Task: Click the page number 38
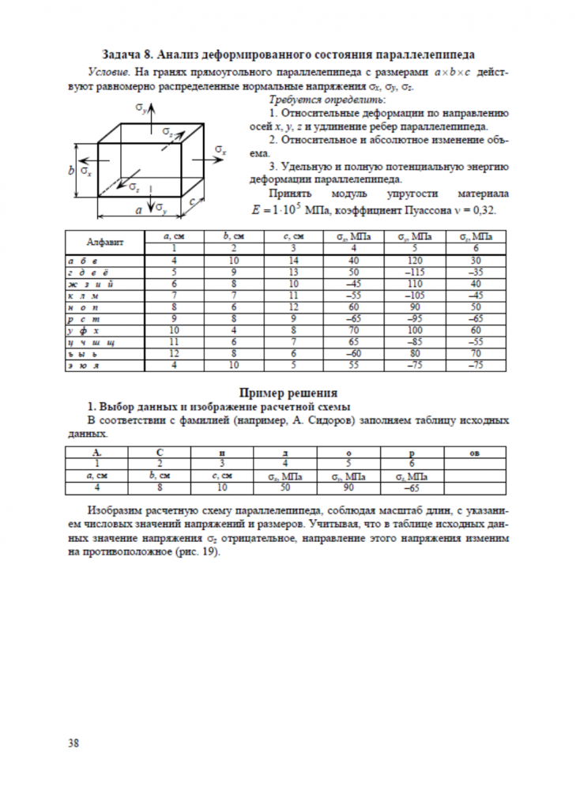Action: pyautogui.click(x=73, y=742)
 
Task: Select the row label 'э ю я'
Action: pyautogui.click(x=81, y=366)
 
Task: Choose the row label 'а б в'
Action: pyautogui.click(x=81, y=260)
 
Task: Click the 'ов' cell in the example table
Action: pyautogui.click(x=475, y=453)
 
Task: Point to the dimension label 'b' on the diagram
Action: pyautogui.click(x=71, y=171)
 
